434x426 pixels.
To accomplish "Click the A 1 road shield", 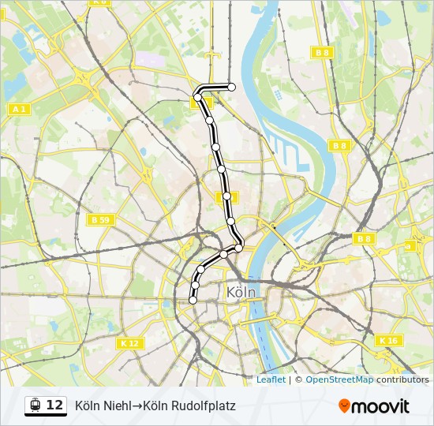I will (20, 109).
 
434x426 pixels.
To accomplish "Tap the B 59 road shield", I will (99, 219).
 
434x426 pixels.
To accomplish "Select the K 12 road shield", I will (129, 343).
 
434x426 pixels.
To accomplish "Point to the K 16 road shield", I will (388, 340).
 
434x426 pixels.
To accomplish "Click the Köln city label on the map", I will (241, 292).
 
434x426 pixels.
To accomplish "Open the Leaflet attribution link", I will (271, 379).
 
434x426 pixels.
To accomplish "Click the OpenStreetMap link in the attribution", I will (339, 379).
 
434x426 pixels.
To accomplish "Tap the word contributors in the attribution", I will (402, 379).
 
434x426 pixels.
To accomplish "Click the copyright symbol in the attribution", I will (298, 379).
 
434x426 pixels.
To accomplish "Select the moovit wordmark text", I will (380, 406).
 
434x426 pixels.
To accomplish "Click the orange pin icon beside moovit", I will (344, 405).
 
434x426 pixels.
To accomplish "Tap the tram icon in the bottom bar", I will (35, 405).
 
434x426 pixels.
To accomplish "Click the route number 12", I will (54, 405).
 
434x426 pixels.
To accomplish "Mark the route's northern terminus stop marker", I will (232, 87).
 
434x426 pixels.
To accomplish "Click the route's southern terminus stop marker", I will (193, 299).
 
